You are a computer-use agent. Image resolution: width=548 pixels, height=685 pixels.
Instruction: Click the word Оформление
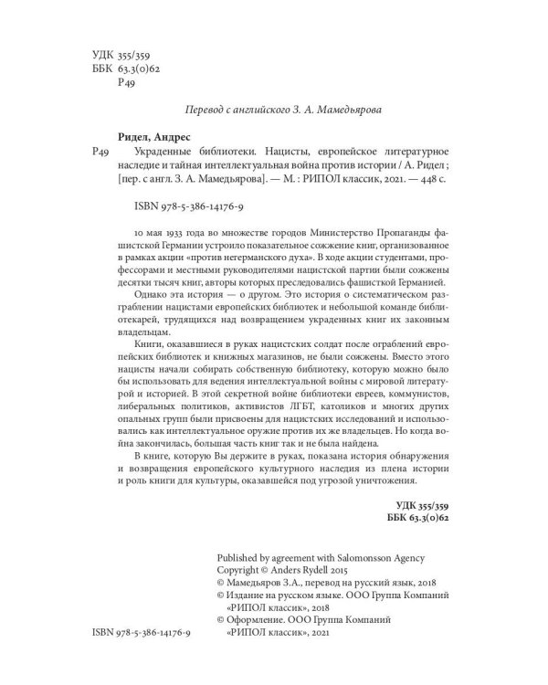(258, 618)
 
